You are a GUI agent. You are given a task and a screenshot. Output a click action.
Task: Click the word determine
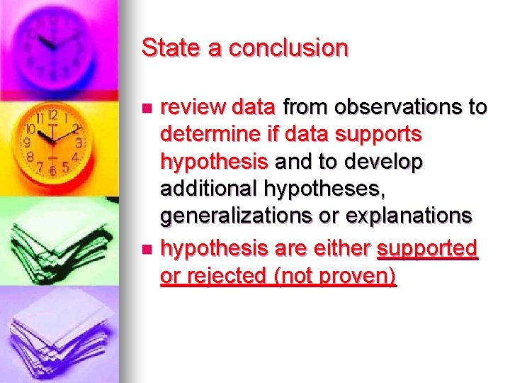pos(208,134)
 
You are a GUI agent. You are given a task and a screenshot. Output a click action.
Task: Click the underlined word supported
pos(428,248)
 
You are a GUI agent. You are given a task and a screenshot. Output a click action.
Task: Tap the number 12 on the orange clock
pos(52,114)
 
